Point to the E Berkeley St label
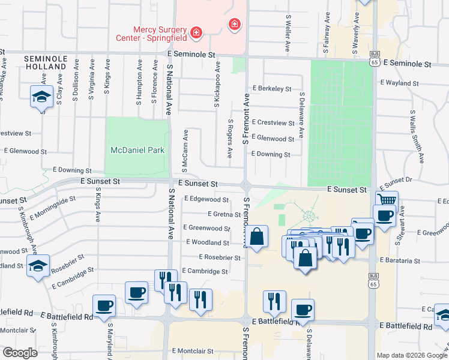coord(271,88)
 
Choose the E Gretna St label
coord(224,214)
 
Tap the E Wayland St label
coord(399,83)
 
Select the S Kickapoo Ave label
coord(217,85)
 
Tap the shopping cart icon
coord(387,200)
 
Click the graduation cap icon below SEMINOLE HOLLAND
coord(41,97)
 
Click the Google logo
coord(20,353)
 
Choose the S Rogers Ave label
coord(229,139)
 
